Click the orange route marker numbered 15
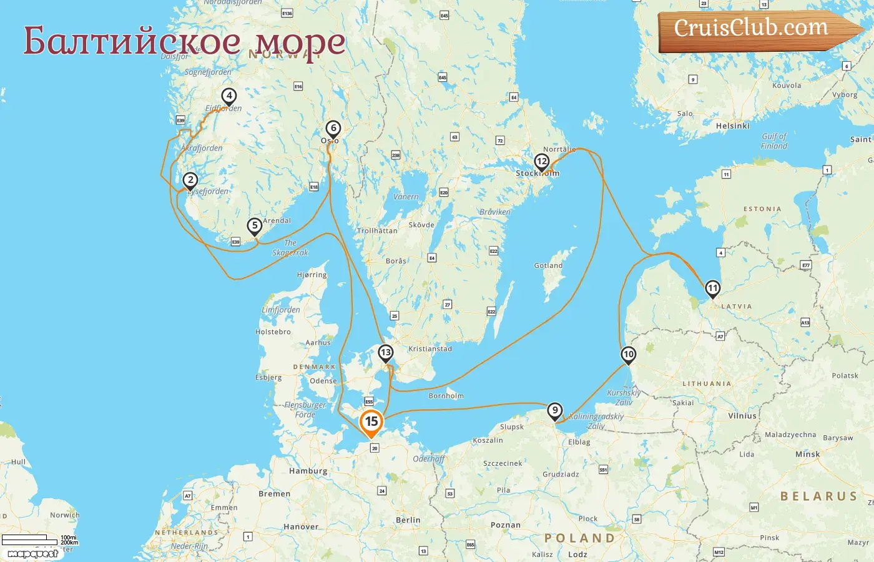coord(371,423)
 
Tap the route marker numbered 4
coord(229,96)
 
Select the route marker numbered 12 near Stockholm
coord(541,162)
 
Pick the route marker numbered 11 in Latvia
coord(712,288)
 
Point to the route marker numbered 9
coord(554,411)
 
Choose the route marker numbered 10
coord(628,355)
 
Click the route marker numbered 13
coord(386,353)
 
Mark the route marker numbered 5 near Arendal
coord(254,226)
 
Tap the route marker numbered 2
coord(190,180)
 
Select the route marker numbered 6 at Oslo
coord(333,129)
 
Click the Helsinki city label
coord(733,126)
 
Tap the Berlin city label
coord(408,520)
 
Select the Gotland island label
coord(548,265)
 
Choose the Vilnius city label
coord(742,416)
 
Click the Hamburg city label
coord(308,471)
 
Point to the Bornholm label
coord(446,396)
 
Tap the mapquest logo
coord(32,553)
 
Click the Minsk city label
coord(807,455)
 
